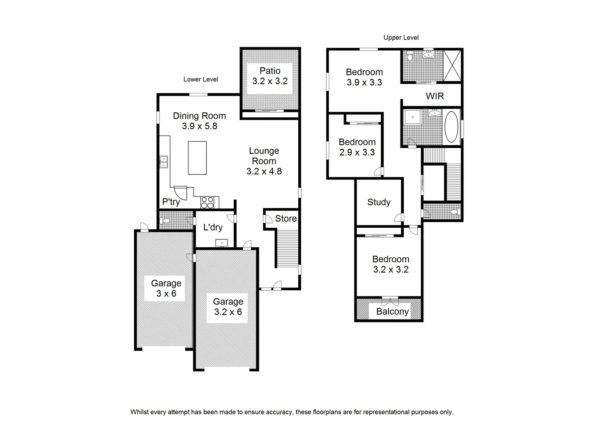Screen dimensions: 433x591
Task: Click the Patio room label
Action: click(270, 71)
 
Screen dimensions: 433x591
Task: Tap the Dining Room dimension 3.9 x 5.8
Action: click(199, 126)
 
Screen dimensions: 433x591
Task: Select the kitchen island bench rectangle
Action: click(197, 158)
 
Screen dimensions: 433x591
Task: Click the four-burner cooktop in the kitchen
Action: click(207, 202)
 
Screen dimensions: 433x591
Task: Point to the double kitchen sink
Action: click(164, 162)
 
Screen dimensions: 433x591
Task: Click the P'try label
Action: click(171, 202)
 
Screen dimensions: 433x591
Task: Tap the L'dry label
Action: click(213, 227)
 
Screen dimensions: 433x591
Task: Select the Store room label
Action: click(285, 219)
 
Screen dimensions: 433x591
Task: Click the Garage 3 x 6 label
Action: click(166, 288)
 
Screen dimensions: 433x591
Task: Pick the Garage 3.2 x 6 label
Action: click(228, 307)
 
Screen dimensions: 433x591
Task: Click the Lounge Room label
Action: click(264, 156)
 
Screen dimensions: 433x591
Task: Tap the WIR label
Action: click(435, 96)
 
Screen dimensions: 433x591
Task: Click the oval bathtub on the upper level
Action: click(451, 127)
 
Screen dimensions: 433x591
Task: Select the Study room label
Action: click(379, 202)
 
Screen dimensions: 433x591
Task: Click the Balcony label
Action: click(392, 312)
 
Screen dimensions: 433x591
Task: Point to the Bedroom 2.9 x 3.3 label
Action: click(357, 147)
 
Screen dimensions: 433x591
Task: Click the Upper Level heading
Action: click(401, 38)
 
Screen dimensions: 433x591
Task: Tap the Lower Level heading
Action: click(200, 79)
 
